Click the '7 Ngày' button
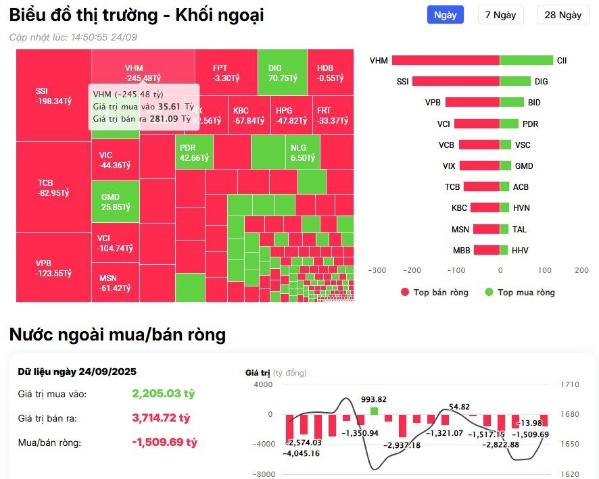[500, 15]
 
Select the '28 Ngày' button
[562, 15]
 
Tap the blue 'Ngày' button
[445, 15]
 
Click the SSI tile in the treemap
[53, 95]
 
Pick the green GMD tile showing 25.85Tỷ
[116, 201]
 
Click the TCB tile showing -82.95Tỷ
[53, 188]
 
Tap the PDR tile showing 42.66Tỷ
[194, 153]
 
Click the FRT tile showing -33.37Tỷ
[333, 116]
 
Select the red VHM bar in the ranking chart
[446, 60]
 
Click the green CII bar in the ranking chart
[526, 60]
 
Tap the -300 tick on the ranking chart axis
[377, 270]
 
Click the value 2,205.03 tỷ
[163, 394]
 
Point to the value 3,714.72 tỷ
[164, 418]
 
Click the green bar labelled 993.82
[374, 410]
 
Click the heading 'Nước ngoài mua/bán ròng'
[117, 334]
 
